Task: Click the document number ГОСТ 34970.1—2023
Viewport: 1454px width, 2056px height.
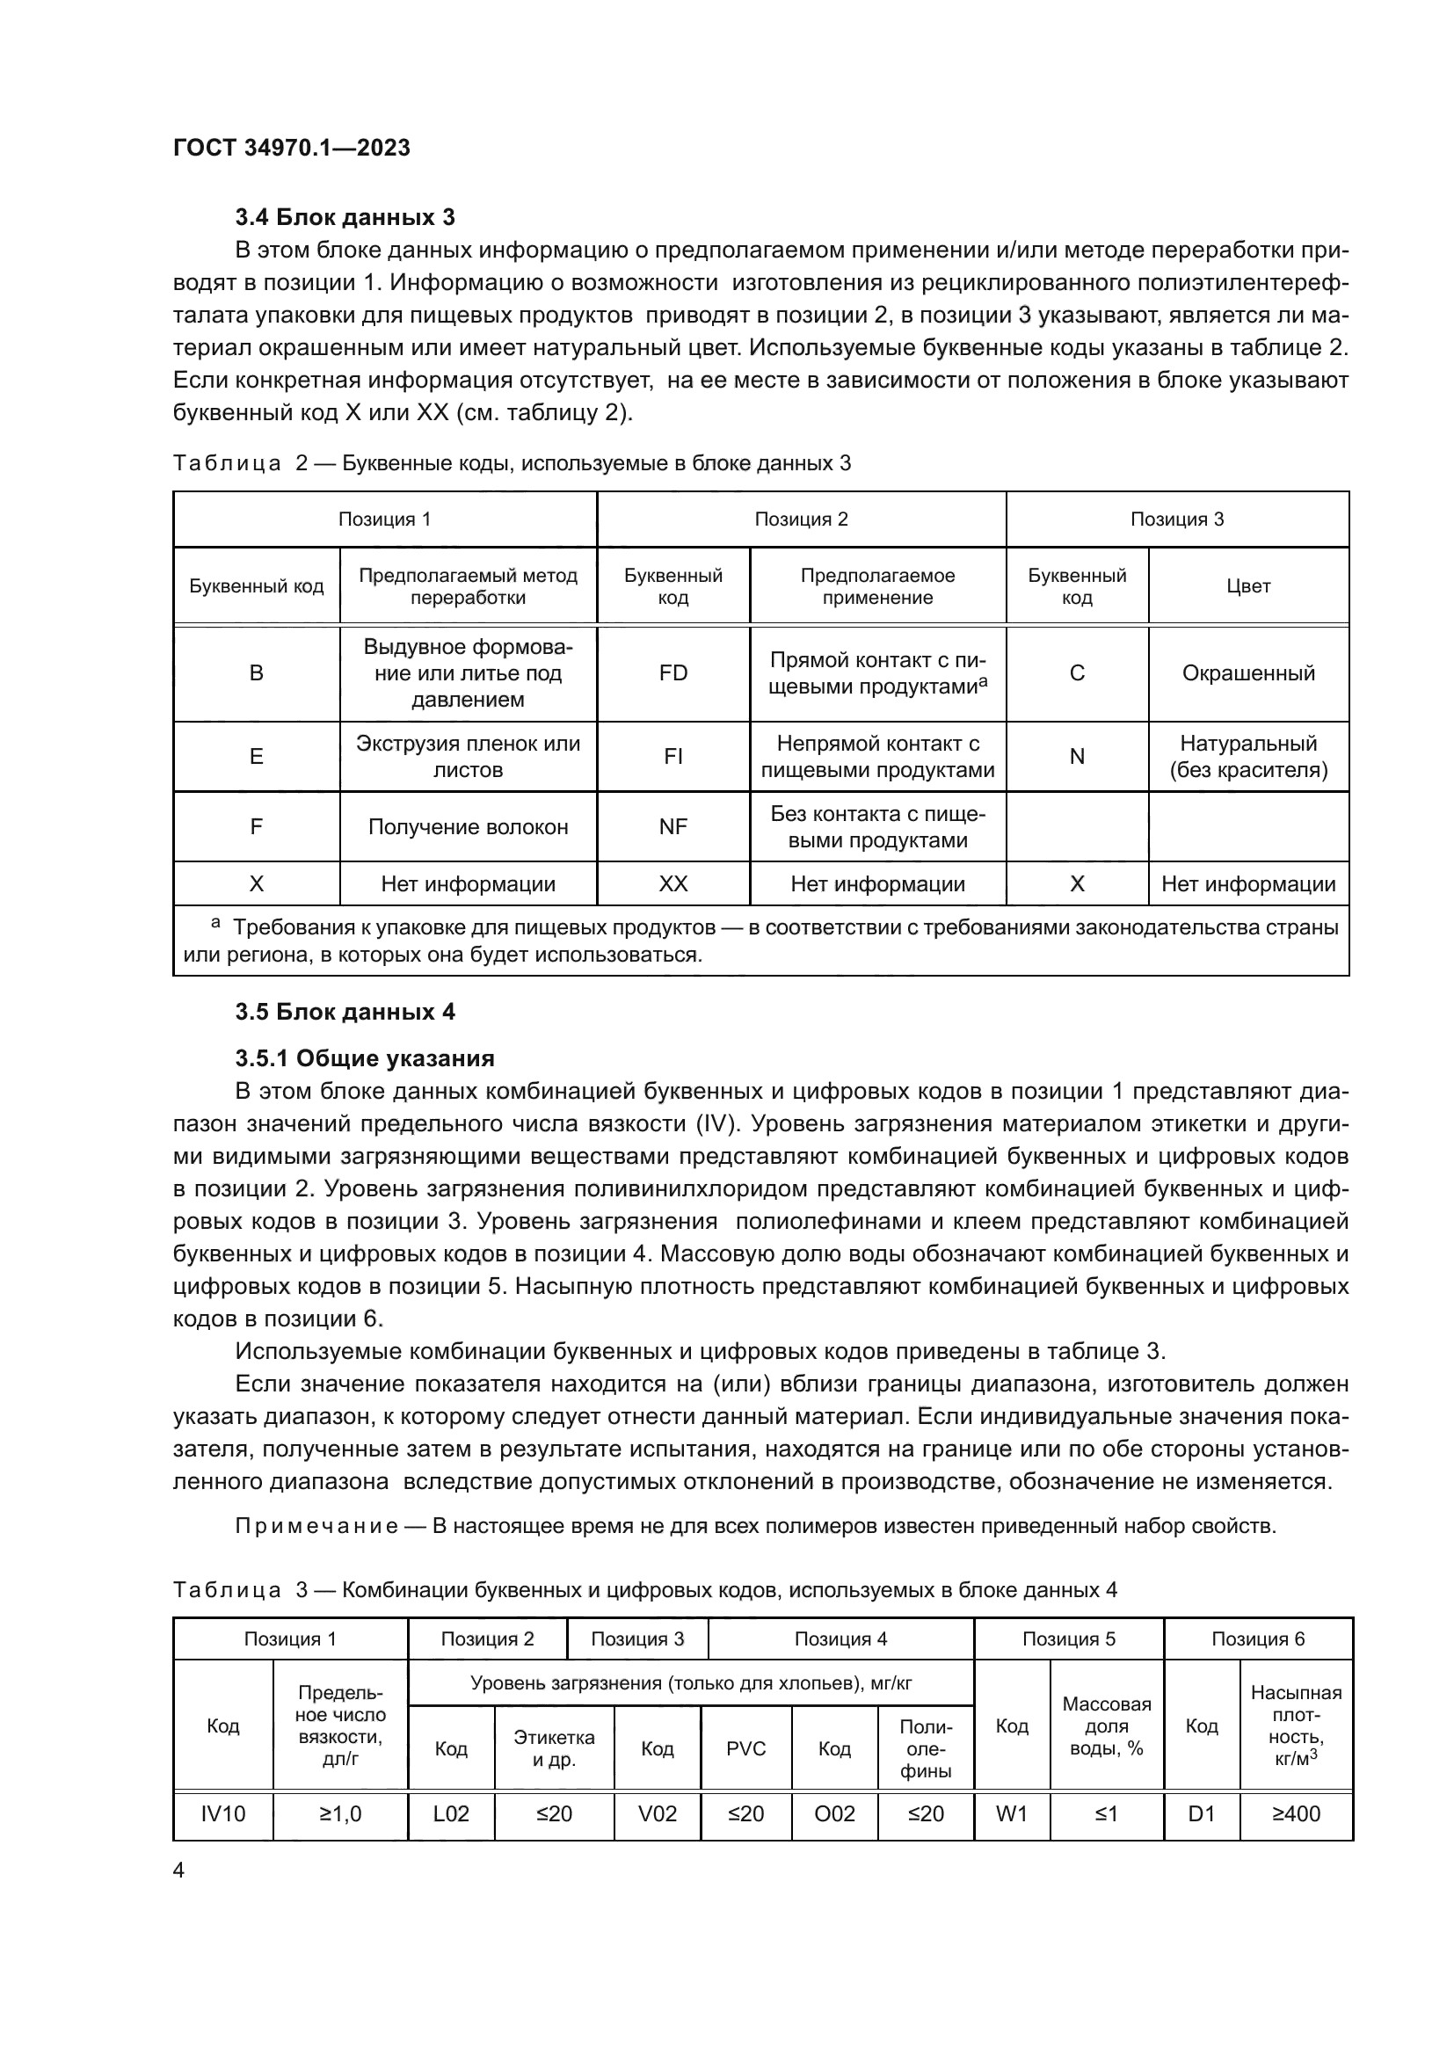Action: point(291,148)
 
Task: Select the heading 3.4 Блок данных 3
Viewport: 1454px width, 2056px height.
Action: point(345,217)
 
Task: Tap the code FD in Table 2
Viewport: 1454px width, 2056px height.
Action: point(672,673)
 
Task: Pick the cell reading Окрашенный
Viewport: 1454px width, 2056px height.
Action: point(1248,673)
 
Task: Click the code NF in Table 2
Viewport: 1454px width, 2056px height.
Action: point(672,826)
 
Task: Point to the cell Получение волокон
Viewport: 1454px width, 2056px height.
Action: point(468,826)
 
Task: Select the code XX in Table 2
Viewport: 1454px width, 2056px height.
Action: point(672,883)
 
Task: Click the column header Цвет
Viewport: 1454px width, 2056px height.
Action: point(1248,585)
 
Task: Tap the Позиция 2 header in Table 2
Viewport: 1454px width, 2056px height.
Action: point(801,519)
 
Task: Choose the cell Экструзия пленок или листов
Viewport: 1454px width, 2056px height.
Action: point(468,757)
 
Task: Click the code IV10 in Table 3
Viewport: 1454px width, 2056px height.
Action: point(223,1813)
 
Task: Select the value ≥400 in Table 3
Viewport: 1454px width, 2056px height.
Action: point(1296,1813)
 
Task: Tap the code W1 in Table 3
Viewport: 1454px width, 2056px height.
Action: point(1012,1813)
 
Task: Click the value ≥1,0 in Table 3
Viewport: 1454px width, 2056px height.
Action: point(340,1813)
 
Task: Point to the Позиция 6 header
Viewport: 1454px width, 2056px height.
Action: point(1258,1638)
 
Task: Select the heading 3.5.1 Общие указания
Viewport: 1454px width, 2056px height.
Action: point(365,1058)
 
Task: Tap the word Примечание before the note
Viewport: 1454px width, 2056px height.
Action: point(316,1526)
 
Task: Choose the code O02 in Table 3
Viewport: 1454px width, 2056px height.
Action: point(834,1813)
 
